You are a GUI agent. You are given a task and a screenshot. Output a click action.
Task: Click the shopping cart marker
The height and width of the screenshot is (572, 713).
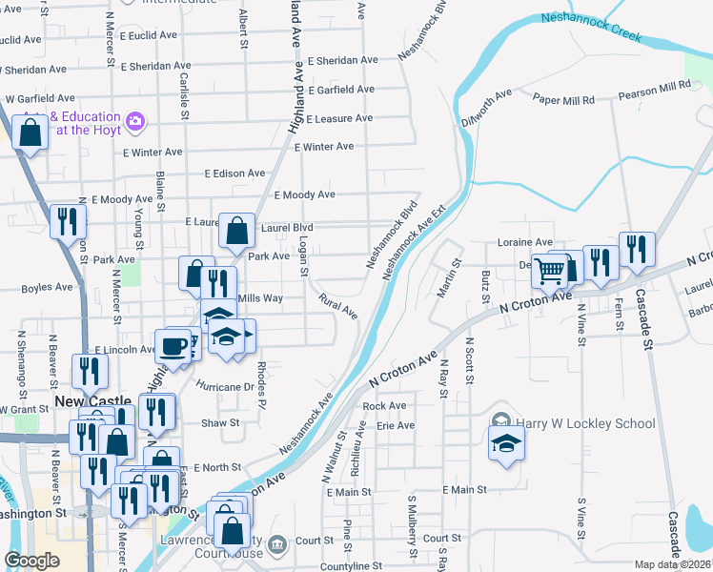pyautogui.click(x=549, y=271)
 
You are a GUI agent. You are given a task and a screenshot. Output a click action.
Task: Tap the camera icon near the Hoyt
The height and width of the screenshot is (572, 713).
pyautogui.click(x=134, y=121)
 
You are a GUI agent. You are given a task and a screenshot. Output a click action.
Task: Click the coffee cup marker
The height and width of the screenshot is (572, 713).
pyautogui.click(x=173, y=346)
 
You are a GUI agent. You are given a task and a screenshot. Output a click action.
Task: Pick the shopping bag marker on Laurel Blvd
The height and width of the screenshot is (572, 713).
pyautogui.click(x=236, y=230)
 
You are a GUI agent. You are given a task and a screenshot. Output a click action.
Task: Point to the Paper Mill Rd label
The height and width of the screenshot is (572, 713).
pyautogui.click(x=563, y=99)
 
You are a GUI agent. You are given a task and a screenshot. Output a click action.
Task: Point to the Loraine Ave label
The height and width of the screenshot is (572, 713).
pyautogui.click(x=524, y=243)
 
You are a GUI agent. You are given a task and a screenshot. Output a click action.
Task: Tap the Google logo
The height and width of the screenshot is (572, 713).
pyautogui.click(x=32, y=561)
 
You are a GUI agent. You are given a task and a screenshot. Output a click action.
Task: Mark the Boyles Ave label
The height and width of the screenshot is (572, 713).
pyautogui.click(x=47, y=287)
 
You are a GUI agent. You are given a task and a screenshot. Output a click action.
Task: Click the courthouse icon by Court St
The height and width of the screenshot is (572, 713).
pyautogui.click(x=277, y=544)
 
